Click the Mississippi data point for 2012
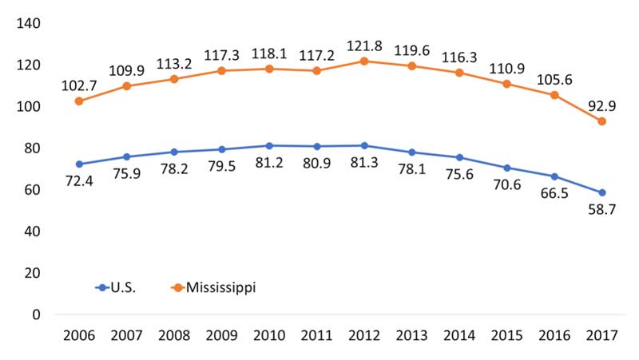(364, 61)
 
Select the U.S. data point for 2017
(601, 192)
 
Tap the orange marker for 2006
(79, 101)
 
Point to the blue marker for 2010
(269, 145)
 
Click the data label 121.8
(364, 45)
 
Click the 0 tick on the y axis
(36, 315)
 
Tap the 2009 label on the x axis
(221, 335)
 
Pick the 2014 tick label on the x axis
(459, 335)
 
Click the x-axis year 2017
(601, 335)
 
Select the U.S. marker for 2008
(174, 152)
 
